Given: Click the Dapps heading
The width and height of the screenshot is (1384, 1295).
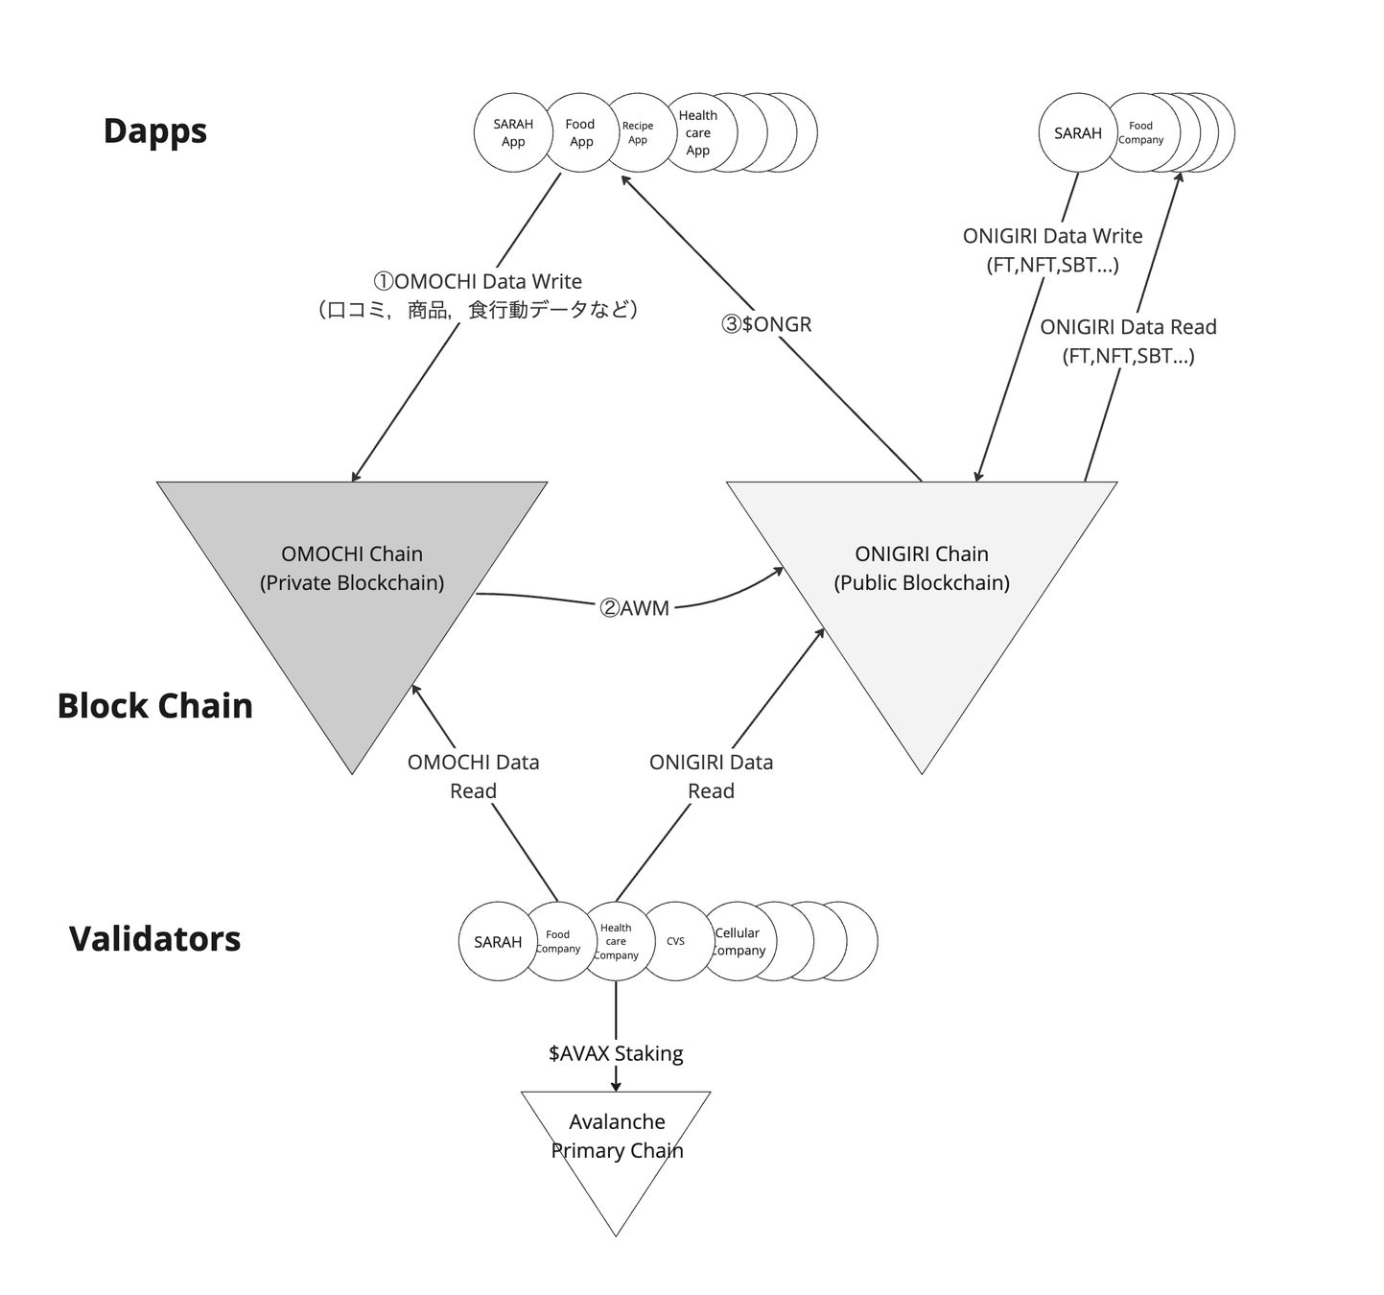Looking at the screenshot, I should click(x=154, y=131).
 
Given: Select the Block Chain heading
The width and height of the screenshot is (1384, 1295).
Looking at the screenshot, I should click(x=154, y=706).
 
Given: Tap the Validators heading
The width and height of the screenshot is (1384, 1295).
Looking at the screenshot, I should click(x=154, y=939).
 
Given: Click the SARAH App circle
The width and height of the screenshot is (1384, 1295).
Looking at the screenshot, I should click(x=513, y=133).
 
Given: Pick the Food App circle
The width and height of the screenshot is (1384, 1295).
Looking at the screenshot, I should click(x=580, y=132).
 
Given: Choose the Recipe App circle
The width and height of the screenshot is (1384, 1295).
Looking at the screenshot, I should click(x=638, y=132).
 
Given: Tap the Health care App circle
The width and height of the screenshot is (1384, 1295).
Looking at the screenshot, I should click(x=698, y=132).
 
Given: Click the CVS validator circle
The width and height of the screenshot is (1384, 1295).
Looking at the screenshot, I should click(x=675, y=941).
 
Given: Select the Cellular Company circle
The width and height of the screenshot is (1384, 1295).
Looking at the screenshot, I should click(x=738, y=941).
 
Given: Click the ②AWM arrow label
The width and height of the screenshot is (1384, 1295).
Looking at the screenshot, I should click(x=634, y=608).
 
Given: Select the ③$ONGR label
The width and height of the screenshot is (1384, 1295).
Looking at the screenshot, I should click(x=766, y=324).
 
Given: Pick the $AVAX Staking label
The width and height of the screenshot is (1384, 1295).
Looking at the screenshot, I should click(x=616, y=1053).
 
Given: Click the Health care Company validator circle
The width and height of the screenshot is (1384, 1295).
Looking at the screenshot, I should click(x=616, y=941).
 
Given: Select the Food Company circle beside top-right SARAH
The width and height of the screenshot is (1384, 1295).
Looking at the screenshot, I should click(x=1140, y=132).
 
